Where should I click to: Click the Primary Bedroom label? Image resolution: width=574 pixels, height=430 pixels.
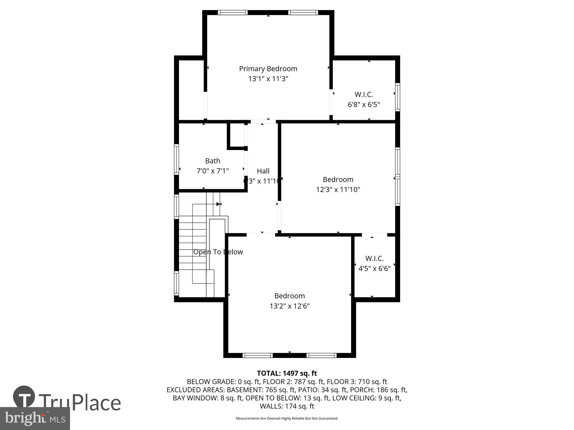pos(268,69)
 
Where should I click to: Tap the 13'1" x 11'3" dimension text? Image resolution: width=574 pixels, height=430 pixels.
pos(268,79)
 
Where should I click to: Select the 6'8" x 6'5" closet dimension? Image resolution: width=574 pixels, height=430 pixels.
pos(364,105)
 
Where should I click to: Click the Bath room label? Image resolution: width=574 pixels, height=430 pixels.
pos(213,161)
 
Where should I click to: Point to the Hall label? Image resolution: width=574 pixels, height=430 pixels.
pos(263,171)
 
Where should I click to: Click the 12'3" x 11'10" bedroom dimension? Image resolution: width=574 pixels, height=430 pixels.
pos(338,189)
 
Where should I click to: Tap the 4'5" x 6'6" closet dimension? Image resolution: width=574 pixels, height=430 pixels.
pos(374,269)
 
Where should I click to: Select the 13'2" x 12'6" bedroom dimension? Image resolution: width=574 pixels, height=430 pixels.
pos(289,306)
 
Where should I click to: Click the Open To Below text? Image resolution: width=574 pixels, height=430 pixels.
pos(218,252)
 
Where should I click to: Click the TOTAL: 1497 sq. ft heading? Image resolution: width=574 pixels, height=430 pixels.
pos(287,373)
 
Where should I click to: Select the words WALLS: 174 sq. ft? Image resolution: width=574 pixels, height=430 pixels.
pos(287,406)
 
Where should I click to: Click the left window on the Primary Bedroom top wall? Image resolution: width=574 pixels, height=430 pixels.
pos(232,13)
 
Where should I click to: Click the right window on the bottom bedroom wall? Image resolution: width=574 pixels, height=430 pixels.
pos(321,355)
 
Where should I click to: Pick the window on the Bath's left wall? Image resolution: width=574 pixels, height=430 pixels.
pos(177,159)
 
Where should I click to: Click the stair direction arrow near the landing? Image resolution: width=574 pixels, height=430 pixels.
pos(219,204)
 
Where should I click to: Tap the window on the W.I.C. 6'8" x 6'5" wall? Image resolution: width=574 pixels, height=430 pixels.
pos(397,97)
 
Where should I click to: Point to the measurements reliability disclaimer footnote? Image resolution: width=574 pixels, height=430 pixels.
pos(287,419)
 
